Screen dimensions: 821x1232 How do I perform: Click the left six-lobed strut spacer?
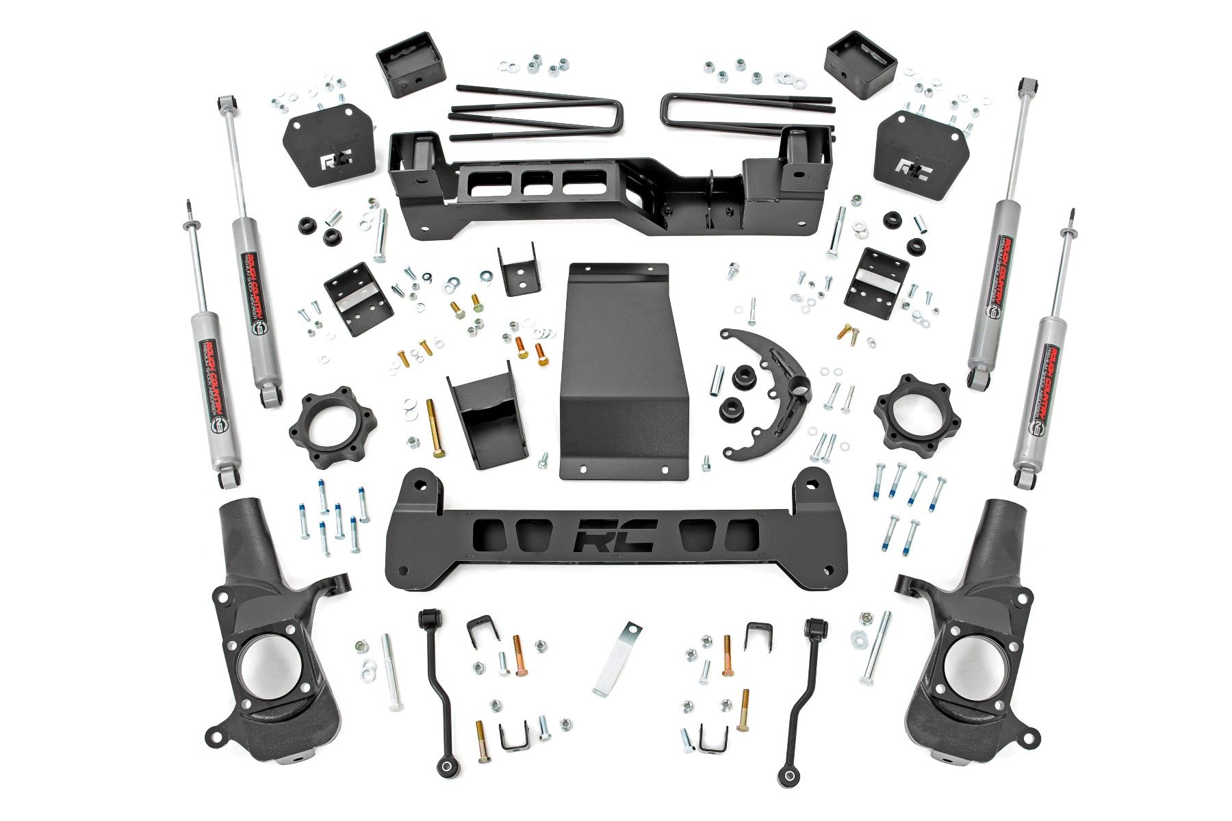click(332, 427)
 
